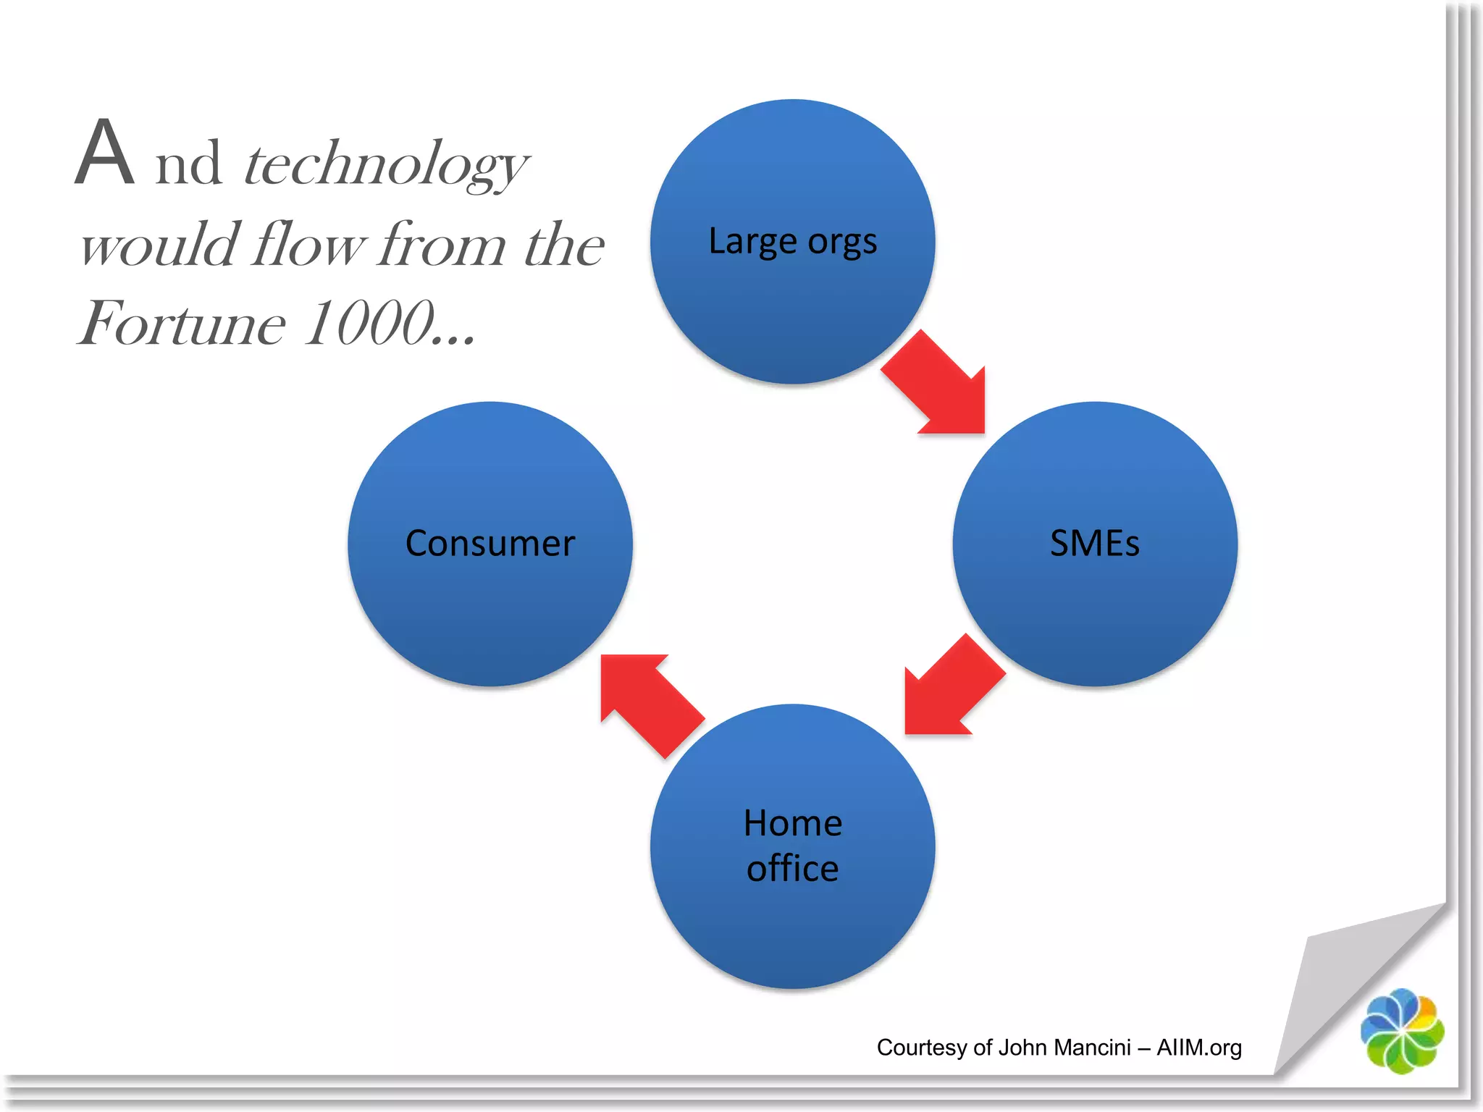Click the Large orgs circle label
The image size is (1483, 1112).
click(x=792, y=242)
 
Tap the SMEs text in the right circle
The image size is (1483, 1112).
click(x=1094, y=543)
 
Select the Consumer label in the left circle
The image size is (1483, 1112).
click(x=490, y=543)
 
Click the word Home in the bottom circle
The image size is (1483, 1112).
click(x=792, y=823)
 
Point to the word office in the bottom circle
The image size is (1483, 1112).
click(x=792, y=868)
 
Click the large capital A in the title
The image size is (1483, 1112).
click(x=105, y=153)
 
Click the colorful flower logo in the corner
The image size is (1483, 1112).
click(x=1402, y=1031)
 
